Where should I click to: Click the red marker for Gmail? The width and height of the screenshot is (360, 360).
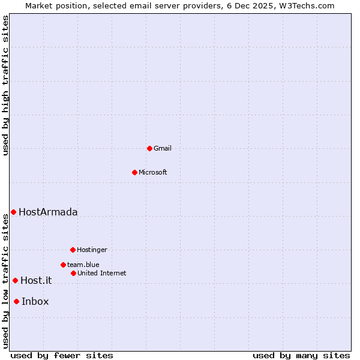click(149, 148)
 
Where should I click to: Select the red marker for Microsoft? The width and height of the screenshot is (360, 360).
click(134, 172)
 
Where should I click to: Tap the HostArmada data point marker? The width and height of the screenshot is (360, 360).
click(13, 212)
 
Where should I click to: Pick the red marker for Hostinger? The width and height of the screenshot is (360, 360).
click(73, 250)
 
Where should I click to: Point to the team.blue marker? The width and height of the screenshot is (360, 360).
click(63, 265)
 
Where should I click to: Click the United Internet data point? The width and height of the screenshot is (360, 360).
click(73, 273)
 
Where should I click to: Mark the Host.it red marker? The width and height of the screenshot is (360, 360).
click(15, 280)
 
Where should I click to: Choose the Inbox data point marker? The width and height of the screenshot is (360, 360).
click(16, 301)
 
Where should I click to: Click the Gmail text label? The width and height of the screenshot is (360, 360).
click(163, 148)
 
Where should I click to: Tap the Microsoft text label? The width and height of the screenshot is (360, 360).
click(153, 172)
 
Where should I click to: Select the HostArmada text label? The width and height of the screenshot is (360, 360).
click(48, 212)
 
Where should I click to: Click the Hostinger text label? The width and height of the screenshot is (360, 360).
click(92, 250)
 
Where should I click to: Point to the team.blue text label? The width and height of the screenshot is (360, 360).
click(83, 265)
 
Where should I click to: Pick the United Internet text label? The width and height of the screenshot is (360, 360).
click(102, 273)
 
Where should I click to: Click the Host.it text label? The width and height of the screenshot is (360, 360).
click(36, 280)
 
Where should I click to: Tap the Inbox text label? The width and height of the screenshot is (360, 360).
click(35, 301)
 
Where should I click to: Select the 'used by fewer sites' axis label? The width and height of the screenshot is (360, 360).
click(62, 355)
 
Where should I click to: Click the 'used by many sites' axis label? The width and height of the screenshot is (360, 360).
click(301, 355)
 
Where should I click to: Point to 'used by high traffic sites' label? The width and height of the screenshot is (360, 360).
click(5, 85)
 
